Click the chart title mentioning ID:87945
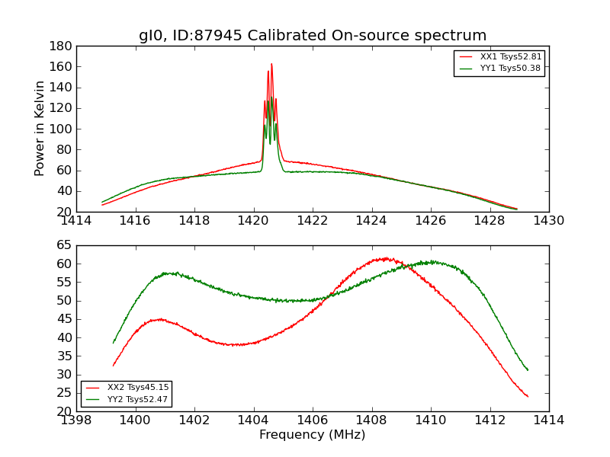click(313, 36)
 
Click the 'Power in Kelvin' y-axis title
click(40, 129)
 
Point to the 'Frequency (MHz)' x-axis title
click(313, 435)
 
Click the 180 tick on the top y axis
click(61, 46)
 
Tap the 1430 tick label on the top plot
click(548, 221)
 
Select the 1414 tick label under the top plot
click(76, 221)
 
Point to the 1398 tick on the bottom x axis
click(76, 420)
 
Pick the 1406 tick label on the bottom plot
click(313, 420)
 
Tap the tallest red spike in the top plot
click(271, 65)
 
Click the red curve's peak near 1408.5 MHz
click(386, 258)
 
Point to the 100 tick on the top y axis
click(61, 129)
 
